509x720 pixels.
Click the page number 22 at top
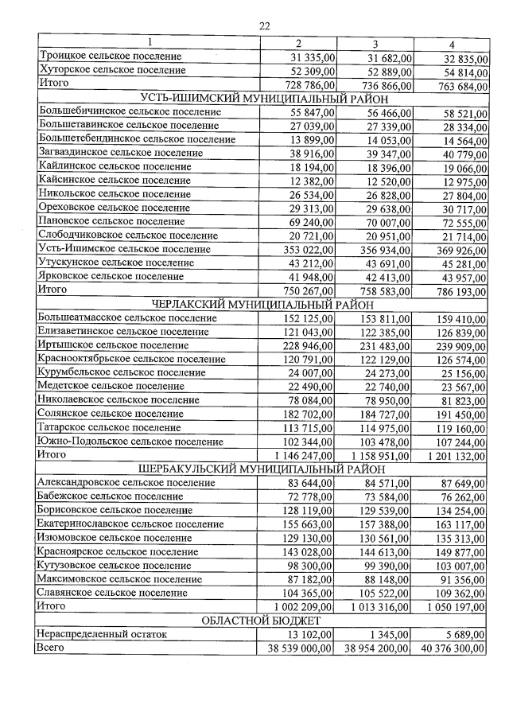266,25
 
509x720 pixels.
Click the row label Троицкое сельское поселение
110,56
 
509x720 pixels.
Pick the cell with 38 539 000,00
299,649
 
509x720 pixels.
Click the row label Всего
51,649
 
